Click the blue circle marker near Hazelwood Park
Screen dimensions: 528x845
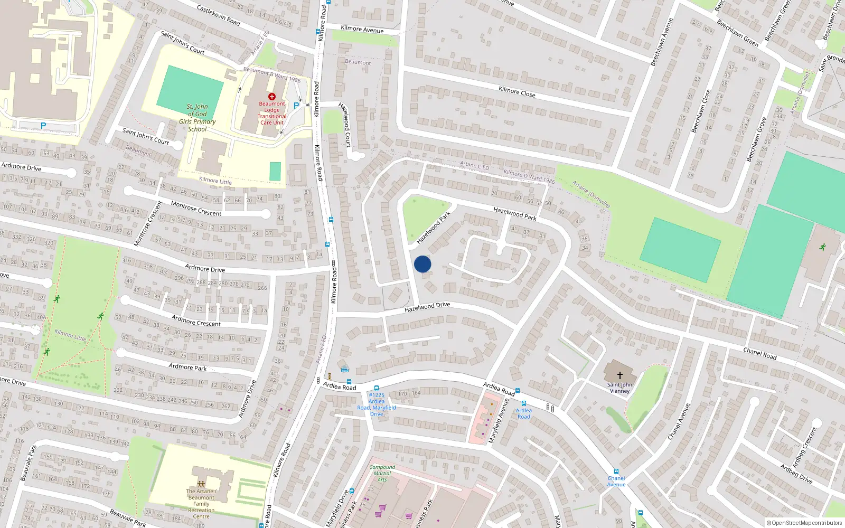pos(422,264)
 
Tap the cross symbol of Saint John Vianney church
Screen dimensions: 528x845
pos(619,375)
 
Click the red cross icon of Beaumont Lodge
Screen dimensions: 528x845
pos(272,97)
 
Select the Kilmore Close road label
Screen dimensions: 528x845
pos(517,92)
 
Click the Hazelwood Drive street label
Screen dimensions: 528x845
pos(427,307)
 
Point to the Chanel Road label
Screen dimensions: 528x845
pos(759,354)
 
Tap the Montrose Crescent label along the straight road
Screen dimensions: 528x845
pos(196,209)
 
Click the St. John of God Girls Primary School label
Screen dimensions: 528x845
pos(197,118)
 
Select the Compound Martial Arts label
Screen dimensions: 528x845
pos(382,473)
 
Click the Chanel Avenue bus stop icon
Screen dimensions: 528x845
pos(616,472)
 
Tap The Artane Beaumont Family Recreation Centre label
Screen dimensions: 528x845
pos(201,504)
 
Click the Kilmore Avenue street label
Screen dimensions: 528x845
pos(362,30)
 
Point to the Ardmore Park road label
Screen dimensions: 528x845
pos(187,367)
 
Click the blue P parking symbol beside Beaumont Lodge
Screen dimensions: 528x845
pos(296,106)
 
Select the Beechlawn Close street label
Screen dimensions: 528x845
pos(701,111)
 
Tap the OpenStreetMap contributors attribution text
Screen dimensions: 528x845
pos(804,523)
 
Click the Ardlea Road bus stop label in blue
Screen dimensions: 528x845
pos(523,413)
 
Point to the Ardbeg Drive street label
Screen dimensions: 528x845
pos(796,474)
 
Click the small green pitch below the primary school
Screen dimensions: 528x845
pos(275,172)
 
